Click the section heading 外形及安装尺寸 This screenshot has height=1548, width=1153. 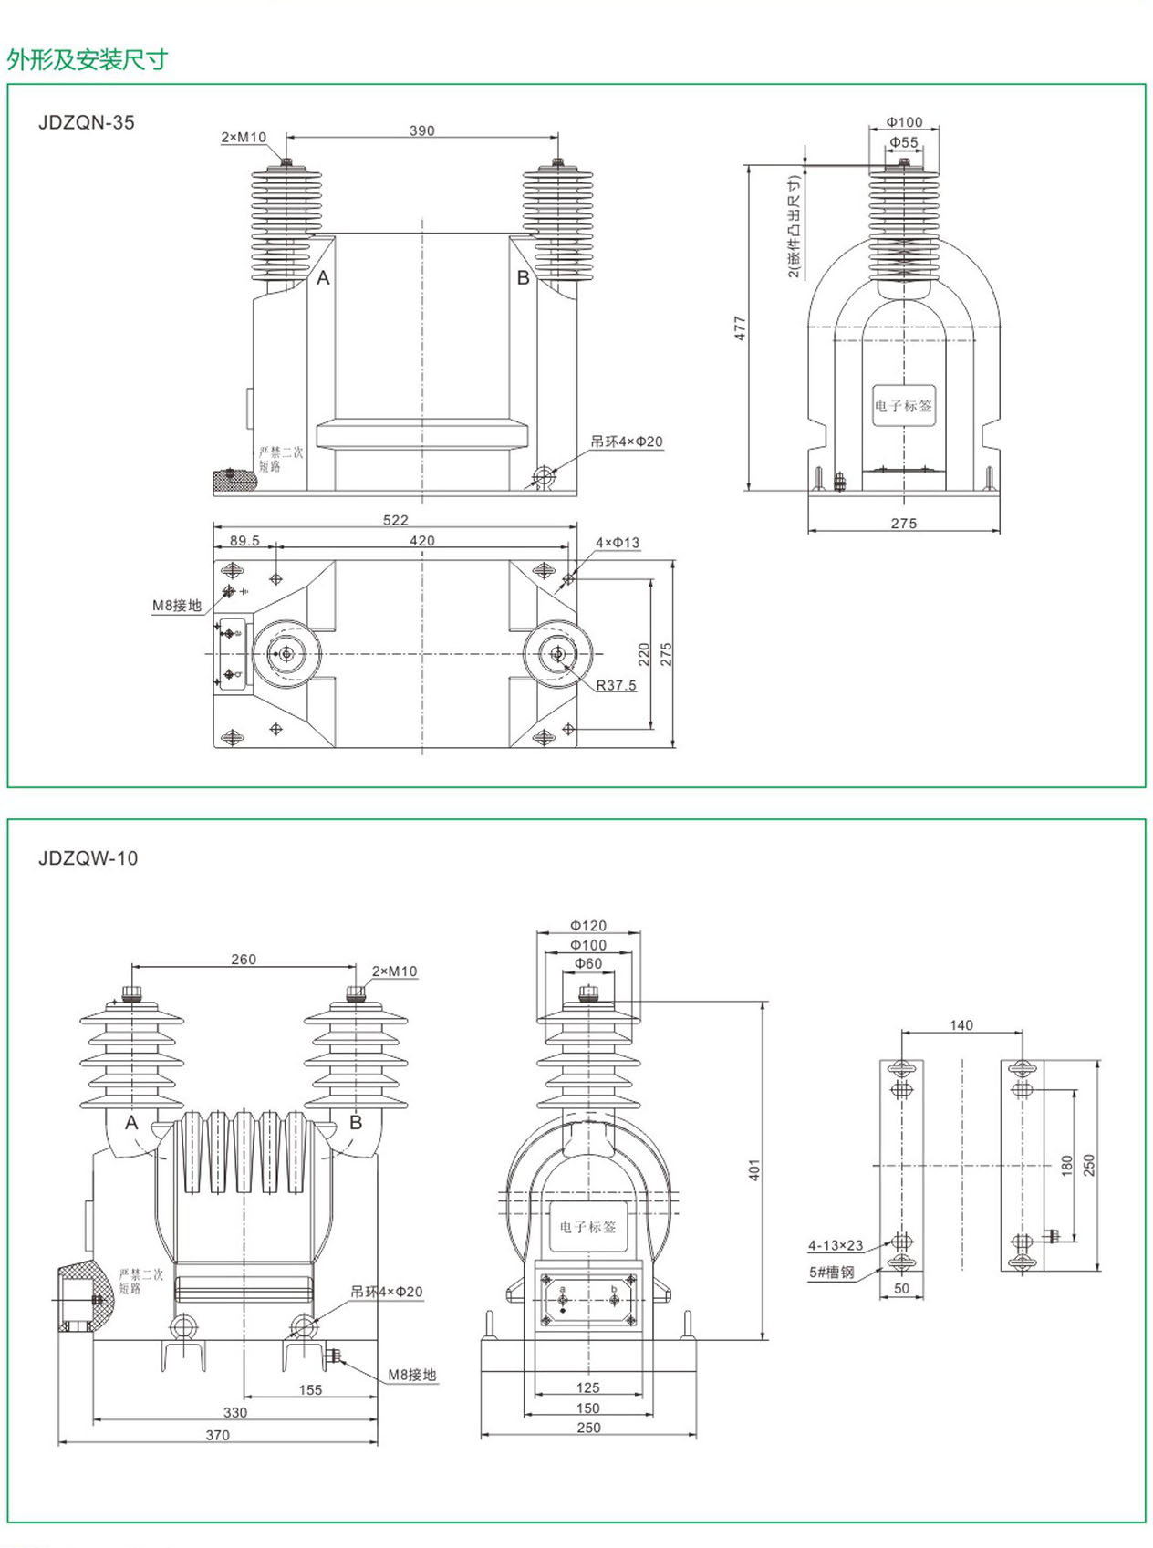88,60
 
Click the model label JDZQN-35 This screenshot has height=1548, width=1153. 87,122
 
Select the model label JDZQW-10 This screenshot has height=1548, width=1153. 88,858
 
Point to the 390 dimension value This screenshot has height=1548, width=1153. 421,130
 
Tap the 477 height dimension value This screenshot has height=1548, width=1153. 740,328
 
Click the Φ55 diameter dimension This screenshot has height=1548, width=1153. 904,142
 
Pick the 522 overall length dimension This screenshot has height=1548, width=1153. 396,520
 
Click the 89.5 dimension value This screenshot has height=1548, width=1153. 244,541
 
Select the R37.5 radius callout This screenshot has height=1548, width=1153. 616,685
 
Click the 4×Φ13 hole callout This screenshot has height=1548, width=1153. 618,543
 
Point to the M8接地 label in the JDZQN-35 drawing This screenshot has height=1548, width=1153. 177,606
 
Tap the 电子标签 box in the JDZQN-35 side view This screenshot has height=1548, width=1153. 903,406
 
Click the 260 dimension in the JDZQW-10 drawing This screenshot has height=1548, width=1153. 244,959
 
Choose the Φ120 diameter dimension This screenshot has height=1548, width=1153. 588,926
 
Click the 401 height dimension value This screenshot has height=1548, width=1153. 754,1170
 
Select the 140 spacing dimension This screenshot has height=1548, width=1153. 961,1025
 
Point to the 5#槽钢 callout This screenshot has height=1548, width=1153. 832,1273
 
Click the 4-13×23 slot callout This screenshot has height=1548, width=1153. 836,1245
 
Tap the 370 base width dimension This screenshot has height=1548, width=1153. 217,1435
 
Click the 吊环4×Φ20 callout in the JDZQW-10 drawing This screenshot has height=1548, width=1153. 387,1292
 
